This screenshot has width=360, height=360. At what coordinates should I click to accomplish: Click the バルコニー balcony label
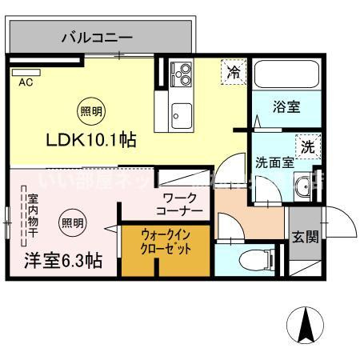pos(98,37)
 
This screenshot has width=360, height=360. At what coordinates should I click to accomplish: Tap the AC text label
pos(25,82)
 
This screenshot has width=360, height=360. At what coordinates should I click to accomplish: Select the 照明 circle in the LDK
pos(89,112)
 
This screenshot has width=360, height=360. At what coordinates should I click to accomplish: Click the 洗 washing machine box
pos(307,146)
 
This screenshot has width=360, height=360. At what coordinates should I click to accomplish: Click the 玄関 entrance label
pos(304,236)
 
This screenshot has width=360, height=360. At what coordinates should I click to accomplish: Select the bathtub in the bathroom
pos(286,75)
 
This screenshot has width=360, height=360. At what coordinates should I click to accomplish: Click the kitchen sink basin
pos(181,111)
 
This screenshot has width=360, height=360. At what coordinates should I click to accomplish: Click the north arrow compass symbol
pos(306,326)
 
